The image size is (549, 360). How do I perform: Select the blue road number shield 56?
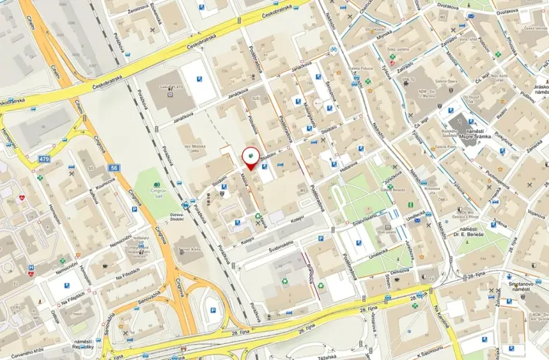point(114,167)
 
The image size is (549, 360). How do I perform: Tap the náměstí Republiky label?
point(83,345)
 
